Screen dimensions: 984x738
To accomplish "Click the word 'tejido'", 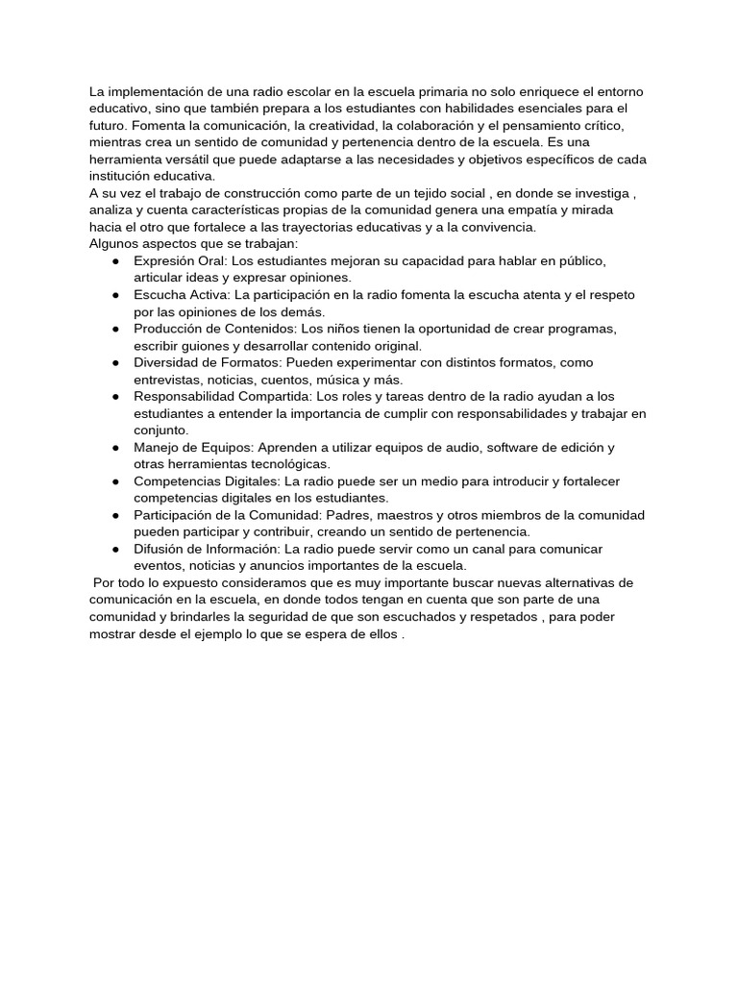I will (429, 193).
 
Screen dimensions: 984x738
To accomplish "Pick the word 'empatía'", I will (526, 210).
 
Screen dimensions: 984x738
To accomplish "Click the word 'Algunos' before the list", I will (114, 244).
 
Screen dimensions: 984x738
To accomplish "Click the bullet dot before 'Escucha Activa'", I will (114, 295).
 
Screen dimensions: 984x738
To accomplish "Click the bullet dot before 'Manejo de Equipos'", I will (114, 447).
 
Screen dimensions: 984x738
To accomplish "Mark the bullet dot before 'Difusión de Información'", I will (114, 549).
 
